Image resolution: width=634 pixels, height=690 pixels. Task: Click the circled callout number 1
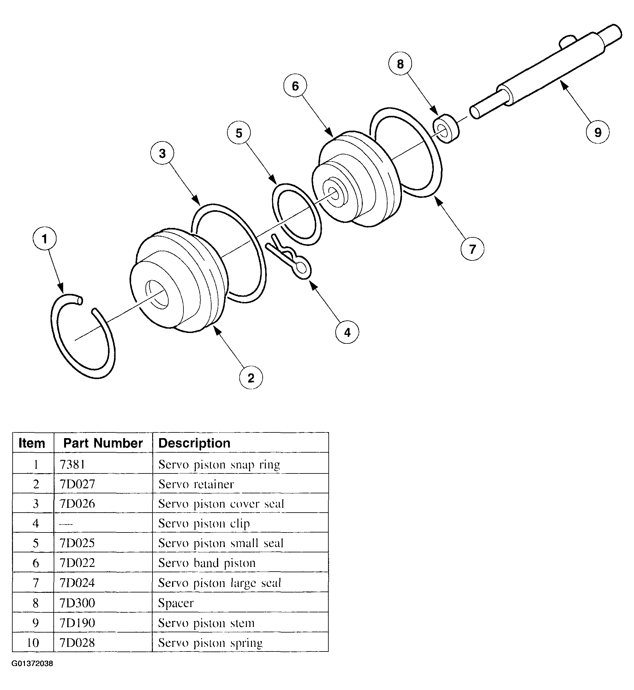(x=45, y=238)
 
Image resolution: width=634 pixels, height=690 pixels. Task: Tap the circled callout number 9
(x=597, y=132)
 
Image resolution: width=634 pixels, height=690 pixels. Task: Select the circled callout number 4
(x=347, y=332)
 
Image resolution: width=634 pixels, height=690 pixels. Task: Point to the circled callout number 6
(x=295, y=86)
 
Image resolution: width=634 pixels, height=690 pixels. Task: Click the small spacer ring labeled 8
(x=446, y=128)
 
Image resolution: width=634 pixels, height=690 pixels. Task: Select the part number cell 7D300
(x=77, y=603)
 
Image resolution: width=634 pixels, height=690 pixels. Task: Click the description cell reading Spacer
(x=176, y=603)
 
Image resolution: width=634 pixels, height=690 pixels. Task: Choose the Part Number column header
(x=103, y=443)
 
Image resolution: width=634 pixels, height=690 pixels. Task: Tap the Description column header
(x=194, y=443)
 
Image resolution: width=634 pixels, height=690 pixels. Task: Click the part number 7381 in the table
(x=72, y=464)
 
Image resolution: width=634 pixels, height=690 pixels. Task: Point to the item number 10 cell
(x=33, y=642)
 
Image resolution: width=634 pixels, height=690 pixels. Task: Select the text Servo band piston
(x=207, y=563)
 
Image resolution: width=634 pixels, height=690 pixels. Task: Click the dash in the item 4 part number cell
(x=66, y=524)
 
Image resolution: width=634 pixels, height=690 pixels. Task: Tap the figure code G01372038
(x=32, y=663)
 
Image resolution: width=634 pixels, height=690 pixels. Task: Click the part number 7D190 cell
(x=77, y=622)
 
